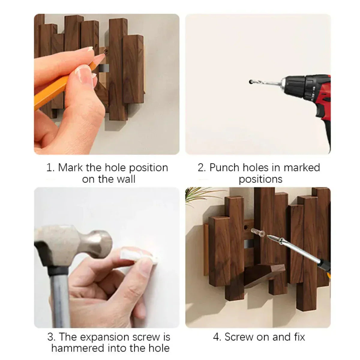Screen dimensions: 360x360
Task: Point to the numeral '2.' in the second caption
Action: (x=202, y=167)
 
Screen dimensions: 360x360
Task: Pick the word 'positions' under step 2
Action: (x=260, y=179)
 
